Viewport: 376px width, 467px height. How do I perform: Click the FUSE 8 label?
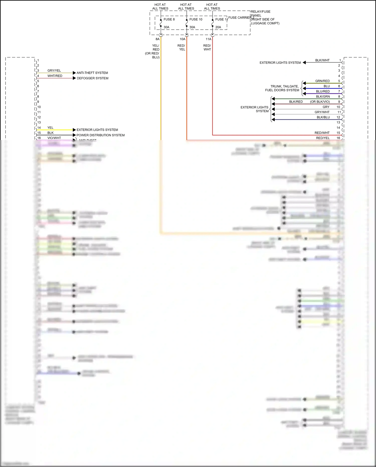click(169, 19)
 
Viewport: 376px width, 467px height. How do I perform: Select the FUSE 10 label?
click(196, 19)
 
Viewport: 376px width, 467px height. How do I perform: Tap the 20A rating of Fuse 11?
click(218, 27)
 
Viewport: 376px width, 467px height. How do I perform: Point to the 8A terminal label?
click(157, 39)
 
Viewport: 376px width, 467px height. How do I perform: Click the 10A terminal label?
click(182, 39)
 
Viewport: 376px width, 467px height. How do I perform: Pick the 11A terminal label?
click(209, 39)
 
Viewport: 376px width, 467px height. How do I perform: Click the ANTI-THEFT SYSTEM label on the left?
click(92, 73)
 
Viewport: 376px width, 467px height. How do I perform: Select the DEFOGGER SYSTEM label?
click(92, 78)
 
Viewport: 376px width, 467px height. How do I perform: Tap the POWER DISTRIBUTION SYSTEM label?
click(101, 135)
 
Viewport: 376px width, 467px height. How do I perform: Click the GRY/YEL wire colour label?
click(54, 71)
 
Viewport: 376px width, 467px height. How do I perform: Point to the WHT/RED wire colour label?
click(55, 76)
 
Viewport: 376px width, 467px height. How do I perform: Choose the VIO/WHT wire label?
click(54, 138)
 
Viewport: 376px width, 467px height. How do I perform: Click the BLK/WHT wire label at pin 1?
click(322, 60)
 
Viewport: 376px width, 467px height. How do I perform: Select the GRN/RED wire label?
click(322, 81)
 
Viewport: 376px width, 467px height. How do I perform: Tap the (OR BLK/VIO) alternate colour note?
click(320, 102)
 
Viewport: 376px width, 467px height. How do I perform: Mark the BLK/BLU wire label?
click(323, 117)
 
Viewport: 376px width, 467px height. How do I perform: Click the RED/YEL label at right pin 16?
click(323, 138)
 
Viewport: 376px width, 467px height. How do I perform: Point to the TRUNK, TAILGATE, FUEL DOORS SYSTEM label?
click(282, 88)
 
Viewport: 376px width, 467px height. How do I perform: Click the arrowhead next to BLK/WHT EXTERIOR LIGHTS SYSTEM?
click(304, 62)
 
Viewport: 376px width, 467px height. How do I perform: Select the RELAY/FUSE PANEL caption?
click(261, 14)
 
